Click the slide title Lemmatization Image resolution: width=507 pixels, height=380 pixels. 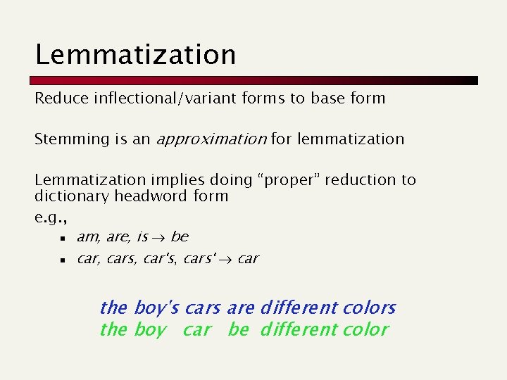(x=136, y=54)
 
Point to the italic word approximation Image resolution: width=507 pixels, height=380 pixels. (x=211, y=139)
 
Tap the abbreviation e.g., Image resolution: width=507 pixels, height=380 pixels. (x=48, y=217)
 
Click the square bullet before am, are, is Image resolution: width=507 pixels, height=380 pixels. (x=62, y=238)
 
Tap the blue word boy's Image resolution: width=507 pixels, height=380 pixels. (x=156, y=308)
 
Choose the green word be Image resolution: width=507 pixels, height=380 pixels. (x=238, y=329)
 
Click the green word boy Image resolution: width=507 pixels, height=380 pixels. (x=150, y=329)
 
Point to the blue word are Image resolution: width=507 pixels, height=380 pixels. (x=240, y=308)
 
